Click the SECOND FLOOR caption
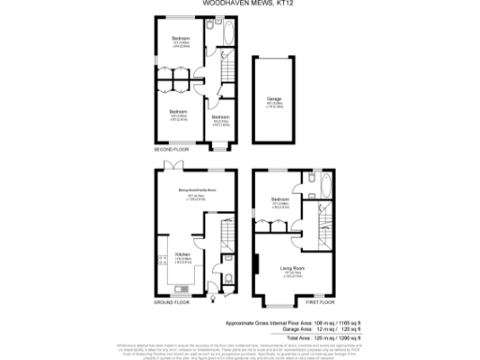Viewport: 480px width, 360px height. [x=171, y=150]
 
